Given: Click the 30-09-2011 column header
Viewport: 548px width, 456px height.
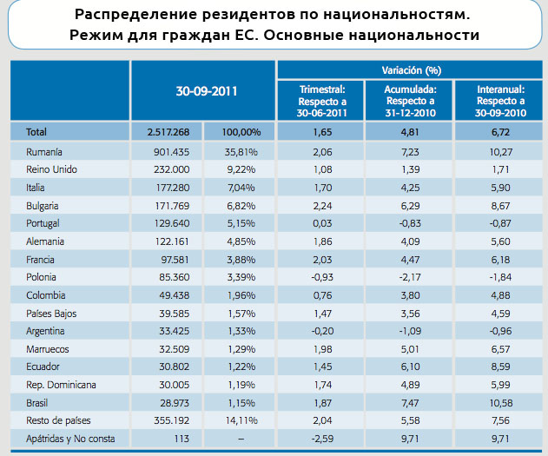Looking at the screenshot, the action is [207, 91].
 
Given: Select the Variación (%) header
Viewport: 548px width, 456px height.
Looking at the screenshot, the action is [412, 70].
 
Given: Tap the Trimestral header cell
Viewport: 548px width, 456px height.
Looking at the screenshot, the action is [322, 102].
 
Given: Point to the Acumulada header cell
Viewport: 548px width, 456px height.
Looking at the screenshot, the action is [410, 101].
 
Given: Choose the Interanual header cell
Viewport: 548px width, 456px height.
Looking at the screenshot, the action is [500, 101].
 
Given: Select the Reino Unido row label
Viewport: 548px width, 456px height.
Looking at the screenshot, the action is [51, 169].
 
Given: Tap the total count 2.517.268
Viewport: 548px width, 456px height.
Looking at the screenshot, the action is [168, 132].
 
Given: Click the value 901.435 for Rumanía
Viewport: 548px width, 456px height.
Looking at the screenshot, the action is [172, 152].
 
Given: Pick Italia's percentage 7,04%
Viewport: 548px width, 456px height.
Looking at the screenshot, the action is [241, 188].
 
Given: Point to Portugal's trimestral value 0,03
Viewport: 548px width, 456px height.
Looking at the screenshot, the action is [322, 223].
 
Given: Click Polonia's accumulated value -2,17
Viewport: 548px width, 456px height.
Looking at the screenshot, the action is [410, 277].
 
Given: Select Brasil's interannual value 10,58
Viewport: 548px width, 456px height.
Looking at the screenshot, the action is [501, 403].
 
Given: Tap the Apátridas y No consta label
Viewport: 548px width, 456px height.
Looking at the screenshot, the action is [70, 439].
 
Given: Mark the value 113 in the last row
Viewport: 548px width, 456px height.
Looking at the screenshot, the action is [182, 439].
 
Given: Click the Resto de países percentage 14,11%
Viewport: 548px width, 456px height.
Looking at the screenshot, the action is [241, 420].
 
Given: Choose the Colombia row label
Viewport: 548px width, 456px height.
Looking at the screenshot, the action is [46, 295].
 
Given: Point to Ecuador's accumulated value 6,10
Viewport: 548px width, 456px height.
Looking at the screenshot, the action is [410, 367].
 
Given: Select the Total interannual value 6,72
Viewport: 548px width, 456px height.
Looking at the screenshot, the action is [500, 132].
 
